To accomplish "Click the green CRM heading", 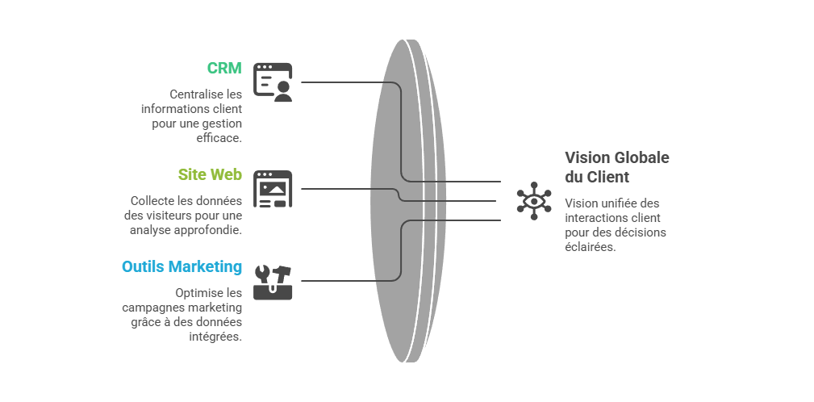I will [223, 68].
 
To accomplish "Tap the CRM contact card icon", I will [273, 82].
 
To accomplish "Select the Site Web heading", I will [210, 174].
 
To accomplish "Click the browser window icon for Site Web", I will [273, 190].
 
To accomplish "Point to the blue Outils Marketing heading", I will [182, 266].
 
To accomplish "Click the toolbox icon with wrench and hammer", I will [273, 282].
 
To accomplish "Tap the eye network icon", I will [534, 200].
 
